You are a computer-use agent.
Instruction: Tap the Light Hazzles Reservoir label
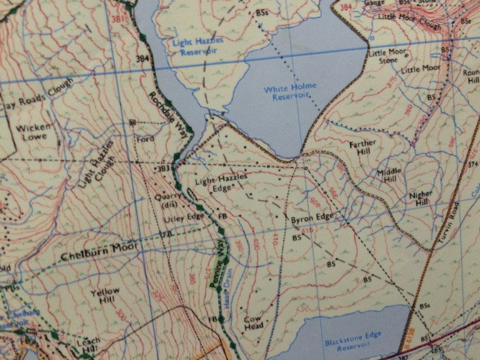point(192,46)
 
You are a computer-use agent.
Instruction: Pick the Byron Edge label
point(312,219)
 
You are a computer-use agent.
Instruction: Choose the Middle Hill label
point(391,176)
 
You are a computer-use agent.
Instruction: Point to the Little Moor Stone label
point(387,57)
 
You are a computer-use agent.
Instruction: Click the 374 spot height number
point(472,164)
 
